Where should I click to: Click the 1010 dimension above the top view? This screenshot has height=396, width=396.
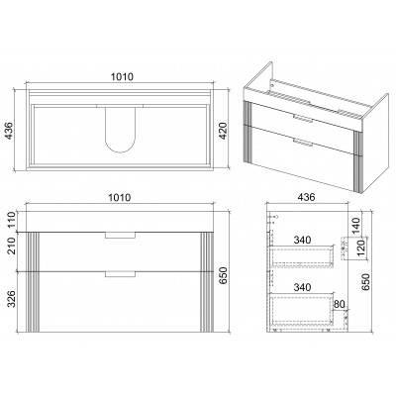pyautogui.click(x=122, y=77)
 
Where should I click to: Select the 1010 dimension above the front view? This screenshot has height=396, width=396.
pyautogui.click(x=120, y=198)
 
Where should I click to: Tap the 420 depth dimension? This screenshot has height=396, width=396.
pyautogui.click(x=224, y=131)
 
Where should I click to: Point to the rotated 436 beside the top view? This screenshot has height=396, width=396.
pyautogui.click(x=9, y=131)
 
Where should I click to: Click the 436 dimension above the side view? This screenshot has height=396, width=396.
pyautogui.click(x=307, y=197)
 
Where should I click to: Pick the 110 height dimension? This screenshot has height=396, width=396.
pyautogui.click(x=12, y=220)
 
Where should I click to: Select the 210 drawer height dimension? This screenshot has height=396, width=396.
pyautogui.click(x=12, y=246)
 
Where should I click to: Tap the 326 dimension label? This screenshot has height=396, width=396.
pyautogui.click(x=12, y=299)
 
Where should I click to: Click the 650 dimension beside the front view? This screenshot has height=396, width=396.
pyautogui.click(x=224, y=276)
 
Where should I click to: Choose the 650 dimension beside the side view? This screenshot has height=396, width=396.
pyautogui.click(x=366, y=281)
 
